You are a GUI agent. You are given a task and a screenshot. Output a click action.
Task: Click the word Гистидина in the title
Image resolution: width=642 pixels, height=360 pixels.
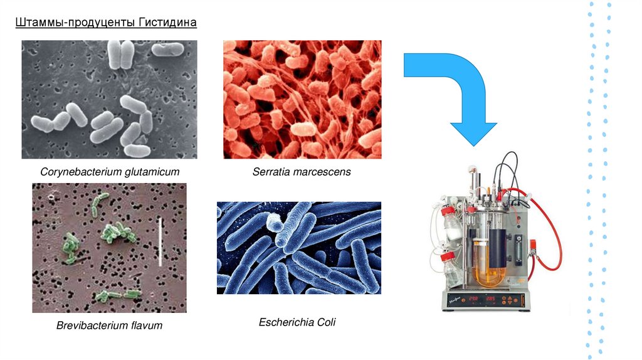168,23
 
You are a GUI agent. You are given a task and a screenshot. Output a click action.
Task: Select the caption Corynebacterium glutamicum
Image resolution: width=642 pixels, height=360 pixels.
110,172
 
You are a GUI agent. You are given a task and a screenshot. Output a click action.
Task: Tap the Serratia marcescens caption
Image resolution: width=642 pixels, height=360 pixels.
302,172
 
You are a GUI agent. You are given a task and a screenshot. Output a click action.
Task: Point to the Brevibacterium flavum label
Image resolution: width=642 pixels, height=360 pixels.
109,326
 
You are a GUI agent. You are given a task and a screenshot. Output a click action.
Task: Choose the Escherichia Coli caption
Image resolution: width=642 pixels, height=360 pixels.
297,322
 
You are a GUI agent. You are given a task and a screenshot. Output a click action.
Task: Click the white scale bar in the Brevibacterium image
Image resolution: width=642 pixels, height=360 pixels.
162,240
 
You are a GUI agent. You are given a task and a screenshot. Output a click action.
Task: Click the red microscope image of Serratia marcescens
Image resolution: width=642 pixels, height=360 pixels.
302,99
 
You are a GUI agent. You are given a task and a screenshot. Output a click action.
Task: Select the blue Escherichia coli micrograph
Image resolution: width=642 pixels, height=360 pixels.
298,248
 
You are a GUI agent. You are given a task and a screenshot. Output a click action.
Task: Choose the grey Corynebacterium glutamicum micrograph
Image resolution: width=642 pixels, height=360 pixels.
109,99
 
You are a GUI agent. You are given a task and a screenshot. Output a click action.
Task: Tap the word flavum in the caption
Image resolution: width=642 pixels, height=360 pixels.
142,326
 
